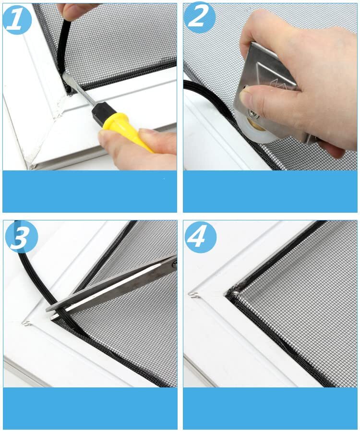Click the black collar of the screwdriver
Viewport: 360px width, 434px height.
click(102, 111)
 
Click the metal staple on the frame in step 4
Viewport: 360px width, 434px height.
click(195, 295)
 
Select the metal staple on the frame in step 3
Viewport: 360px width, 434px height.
click(26, 322)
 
